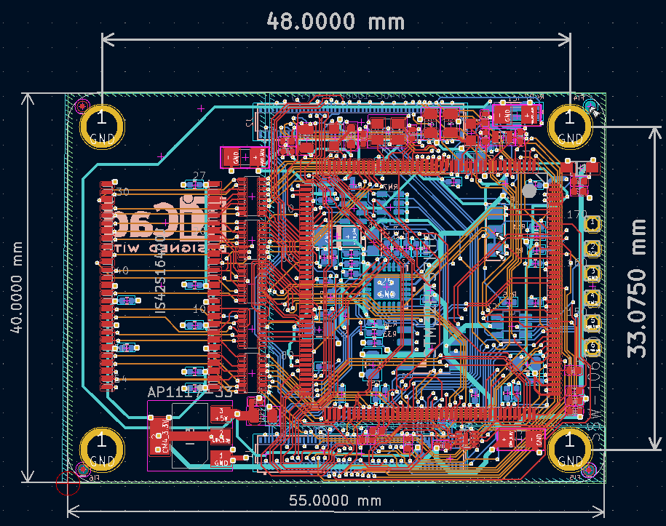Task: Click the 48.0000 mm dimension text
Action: click(x=336, y=20)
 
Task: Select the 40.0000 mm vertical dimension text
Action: click(x=15, y=287)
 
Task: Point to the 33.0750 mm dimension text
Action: click(x=638, y=287)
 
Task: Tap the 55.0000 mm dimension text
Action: click(x=336, y=501)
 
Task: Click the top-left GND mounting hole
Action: click(x=101, y=123)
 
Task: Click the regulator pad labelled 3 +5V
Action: click(x=220, y=414)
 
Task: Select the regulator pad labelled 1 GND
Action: click(x=220, y=458)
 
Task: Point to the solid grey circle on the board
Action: click(x=529, y=190)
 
